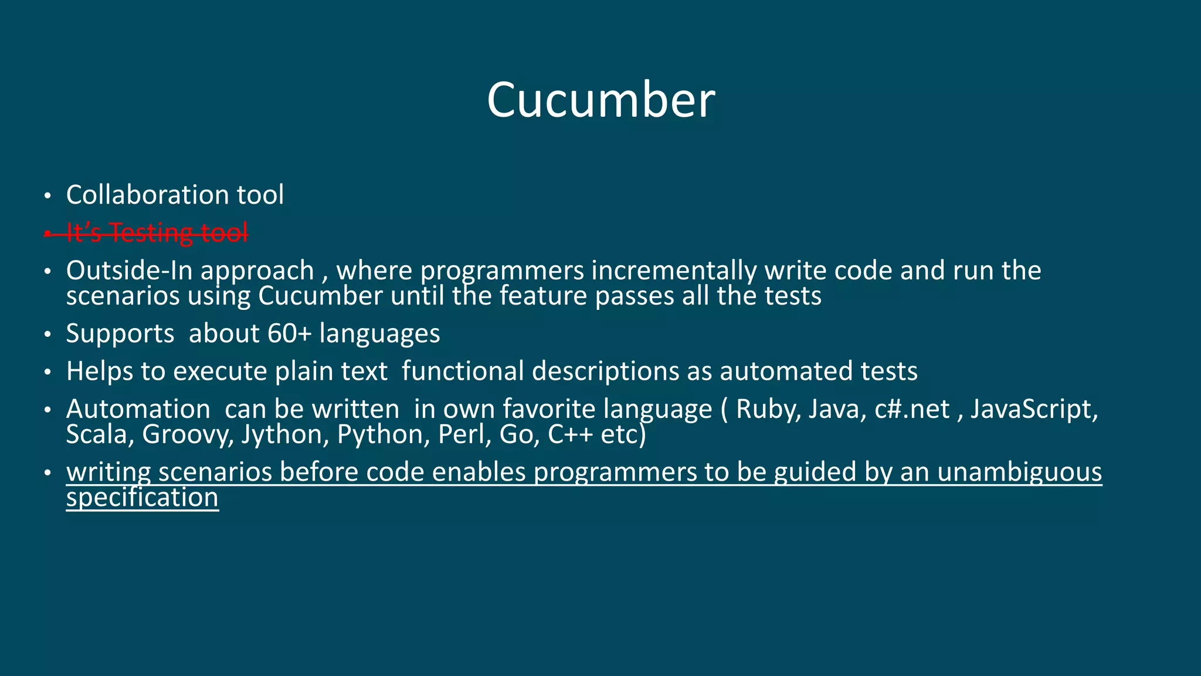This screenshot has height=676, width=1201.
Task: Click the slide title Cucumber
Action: click(600, 100)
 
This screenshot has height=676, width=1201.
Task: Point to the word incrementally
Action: click(674, 271)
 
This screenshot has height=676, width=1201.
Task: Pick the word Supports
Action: click(120, 334)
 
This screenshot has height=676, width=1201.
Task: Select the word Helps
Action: click(100, 371)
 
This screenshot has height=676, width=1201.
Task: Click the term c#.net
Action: click(912, 409)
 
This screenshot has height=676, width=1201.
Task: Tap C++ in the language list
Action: click(571, 435)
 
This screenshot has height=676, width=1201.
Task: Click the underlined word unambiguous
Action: click(1019, 472)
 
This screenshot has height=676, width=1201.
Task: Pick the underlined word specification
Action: click(142, 498)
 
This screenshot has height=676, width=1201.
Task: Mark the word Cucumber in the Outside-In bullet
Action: click(320, 296)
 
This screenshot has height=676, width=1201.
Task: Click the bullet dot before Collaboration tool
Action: click(48, 196)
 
